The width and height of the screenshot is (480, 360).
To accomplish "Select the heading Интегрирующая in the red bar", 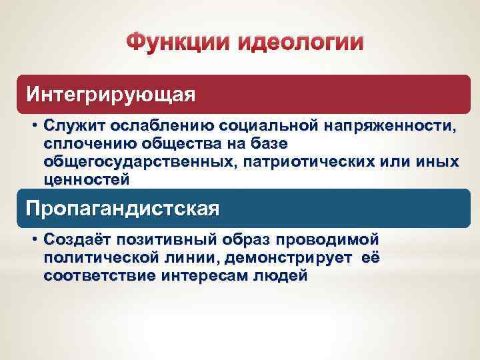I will [111, 95].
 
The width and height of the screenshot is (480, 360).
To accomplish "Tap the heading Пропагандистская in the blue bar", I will [122, 208].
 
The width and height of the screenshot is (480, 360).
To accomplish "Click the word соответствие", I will [99, 275].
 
